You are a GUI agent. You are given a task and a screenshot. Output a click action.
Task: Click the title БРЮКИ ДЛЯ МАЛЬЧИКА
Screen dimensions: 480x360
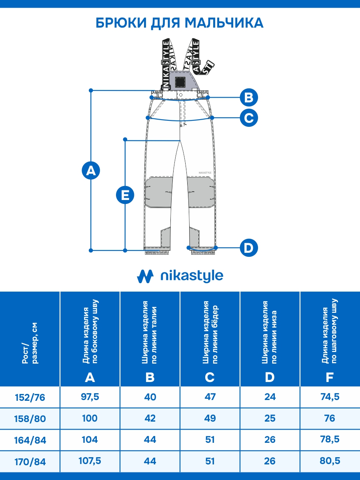pos(180,22)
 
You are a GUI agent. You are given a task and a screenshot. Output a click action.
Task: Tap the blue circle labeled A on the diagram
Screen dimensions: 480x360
pos(91,171)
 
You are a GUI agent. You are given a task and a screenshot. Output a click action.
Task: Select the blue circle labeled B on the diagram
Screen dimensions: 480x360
pos(249,97)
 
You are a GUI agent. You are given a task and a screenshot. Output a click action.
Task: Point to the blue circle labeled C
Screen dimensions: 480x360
pos(249,118)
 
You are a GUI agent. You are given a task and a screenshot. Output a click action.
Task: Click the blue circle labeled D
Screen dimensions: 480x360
pos(249,248)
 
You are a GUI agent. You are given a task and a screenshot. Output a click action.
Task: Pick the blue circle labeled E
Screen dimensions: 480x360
pos(125,195)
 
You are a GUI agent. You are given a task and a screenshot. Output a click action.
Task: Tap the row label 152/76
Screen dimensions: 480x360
pos(30,397)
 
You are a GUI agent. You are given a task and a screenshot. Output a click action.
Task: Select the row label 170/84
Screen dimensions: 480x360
pos(30,462)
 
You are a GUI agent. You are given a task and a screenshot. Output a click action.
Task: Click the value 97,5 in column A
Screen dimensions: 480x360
pos(90,397)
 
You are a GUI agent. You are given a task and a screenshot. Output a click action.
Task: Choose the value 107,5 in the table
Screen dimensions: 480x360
pos(90,461)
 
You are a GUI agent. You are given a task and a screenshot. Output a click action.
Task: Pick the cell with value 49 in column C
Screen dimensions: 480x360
pos(210,418)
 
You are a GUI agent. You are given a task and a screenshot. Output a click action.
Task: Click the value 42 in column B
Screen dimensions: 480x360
pos(150,418)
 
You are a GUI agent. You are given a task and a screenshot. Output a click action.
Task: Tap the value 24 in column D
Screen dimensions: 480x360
pos(270,397)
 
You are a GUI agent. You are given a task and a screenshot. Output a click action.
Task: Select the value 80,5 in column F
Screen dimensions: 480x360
pos(330,461)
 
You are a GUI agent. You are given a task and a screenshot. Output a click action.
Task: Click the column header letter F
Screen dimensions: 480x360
pos(330,377)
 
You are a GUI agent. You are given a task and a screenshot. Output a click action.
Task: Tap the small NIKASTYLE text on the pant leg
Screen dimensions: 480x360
pos(205,173)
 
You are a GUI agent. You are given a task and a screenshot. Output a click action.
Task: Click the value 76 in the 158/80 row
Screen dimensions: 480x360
pos(330,418)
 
